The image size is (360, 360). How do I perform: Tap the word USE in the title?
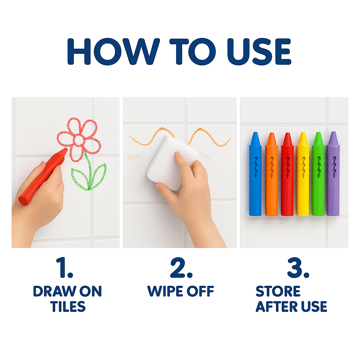pos(259,52)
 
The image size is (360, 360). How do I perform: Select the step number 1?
pos(65,268)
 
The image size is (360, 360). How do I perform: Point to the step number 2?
pos(181,268)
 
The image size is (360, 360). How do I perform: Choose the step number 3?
pos(298,268)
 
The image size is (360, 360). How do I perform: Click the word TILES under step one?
pos(68,307)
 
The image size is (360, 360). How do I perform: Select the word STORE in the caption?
pos(278,291)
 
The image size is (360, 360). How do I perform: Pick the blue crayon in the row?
pos(255,174)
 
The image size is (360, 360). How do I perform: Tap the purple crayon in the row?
pos(333,174)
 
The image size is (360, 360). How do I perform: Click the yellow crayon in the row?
pos(303,174)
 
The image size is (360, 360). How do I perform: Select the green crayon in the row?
pos(318,174)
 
